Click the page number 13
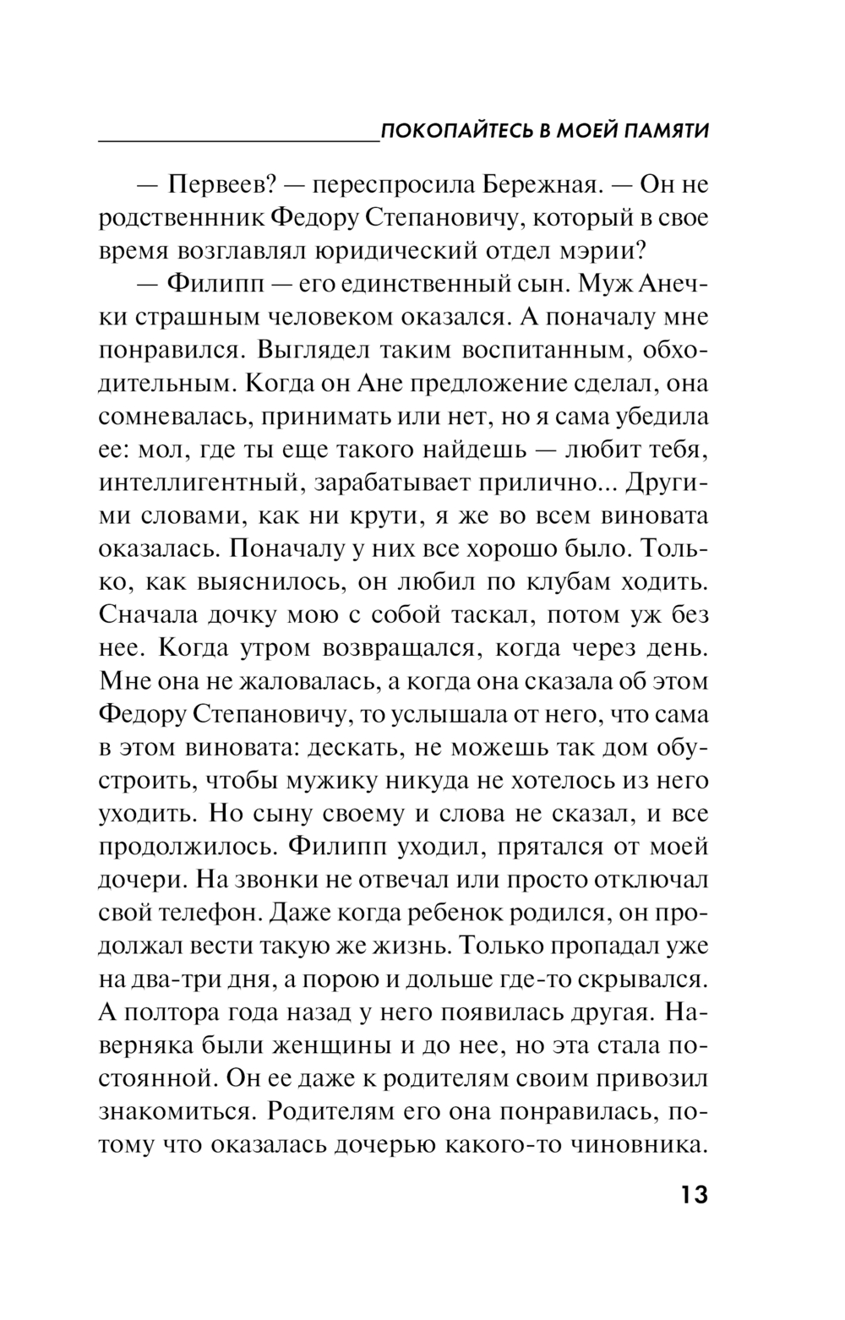pos(689,1197)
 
